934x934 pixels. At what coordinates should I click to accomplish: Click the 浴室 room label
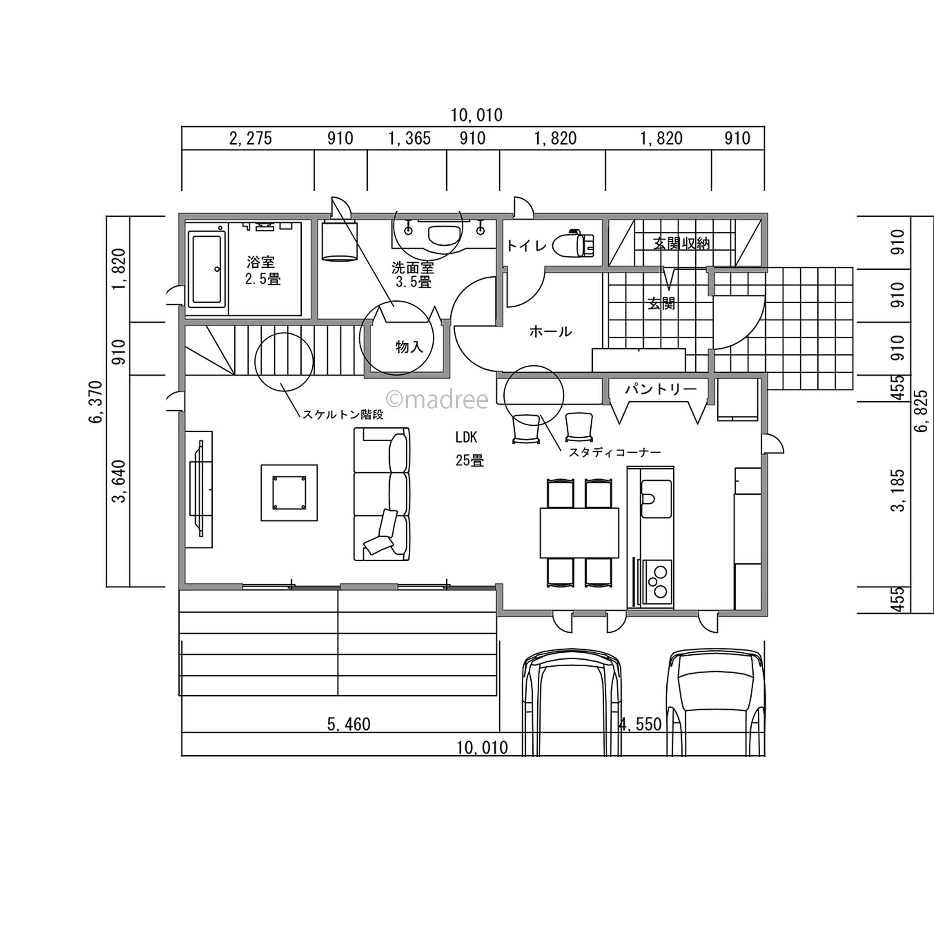261,261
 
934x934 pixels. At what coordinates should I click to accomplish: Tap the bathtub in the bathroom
207,270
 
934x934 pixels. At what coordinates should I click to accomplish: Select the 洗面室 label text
413,268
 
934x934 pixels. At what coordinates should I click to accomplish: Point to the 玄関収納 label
681,243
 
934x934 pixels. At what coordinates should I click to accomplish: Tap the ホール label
550,331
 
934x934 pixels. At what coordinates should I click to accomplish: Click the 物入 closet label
409,347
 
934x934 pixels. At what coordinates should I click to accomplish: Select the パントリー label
661,389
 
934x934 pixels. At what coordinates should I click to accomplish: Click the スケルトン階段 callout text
343,415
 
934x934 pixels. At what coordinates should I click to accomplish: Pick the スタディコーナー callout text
614,452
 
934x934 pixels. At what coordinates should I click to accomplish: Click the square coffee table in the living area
289,492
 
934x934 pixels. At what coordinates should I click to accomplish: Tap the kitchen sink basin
656,499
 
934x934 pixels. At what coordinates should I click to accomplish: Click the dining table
579,533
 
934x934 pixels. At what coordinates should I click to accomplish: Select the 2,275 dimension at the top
251,138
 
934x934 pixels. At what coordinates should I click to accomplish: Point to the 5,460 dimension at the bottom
349,724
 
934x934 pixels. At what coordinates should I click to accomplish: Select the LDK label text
466,437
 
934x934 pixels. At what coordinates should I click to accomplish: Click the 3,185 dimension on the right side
899,490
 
